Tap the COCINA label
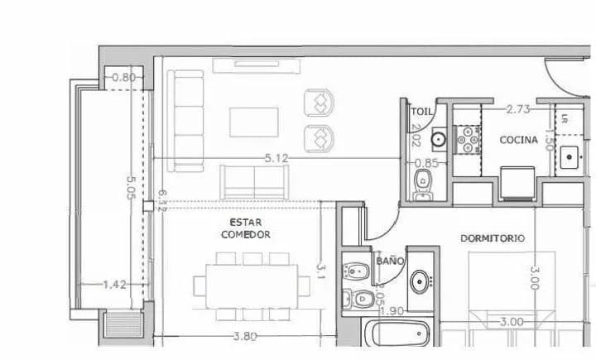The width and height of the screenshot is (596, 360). [x=519, y=140]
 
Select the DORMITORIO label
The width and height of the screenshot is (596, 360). [x=493, y=238]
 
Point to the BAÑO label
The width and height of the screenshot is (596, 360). [x=389, y=260]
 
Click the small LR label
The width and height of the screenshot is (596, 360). [x=565, y=118]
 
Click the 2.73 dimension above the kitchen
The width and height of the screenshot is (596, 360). [x=518, y=108]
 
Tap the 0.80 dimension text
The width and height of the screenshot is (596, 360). [x=123, y=78]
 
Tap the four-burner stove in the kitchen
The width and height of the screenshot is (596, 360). [x=469, y=139]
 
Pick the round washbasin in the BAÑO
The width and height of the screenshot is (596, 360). [x=421, y=280]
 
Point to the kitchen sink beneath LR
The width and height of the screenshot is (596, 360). [x=570, y=156]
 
